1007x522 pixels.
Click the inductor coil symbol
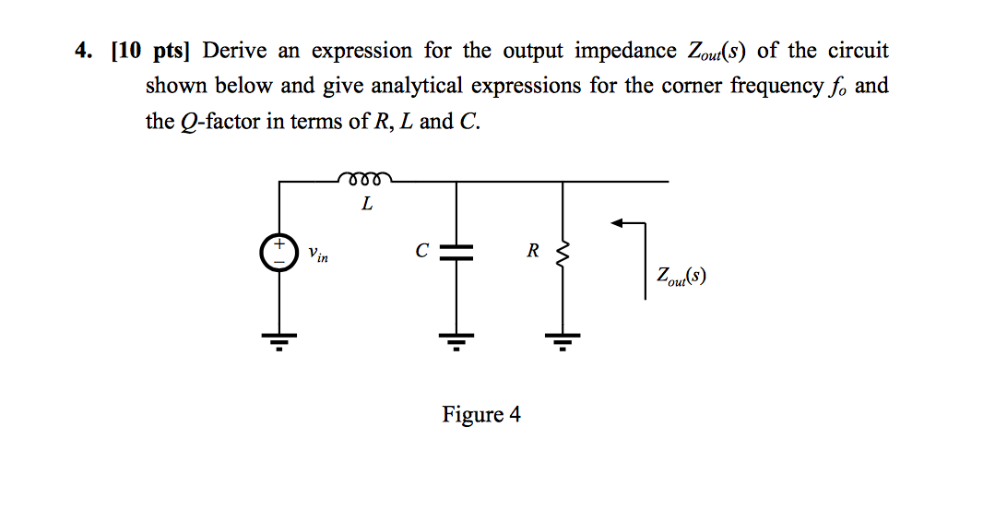point(365,176)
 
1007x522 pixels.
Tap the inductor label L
point(367,204)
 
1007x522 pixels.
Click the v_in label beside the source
point(318,253)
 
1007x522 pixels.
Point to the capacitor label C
point(421,250)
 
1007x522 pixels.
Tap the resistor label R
point(533,250)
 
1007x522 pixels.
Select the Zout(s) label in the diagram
point(681,275)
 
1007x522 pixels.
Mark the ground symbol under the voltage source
point(278,340)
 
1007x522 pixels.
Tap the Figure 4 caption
point(481,415)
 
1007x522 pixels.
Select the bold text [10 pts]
point(149,51)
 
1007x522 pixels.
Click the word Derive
point(241,51)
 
